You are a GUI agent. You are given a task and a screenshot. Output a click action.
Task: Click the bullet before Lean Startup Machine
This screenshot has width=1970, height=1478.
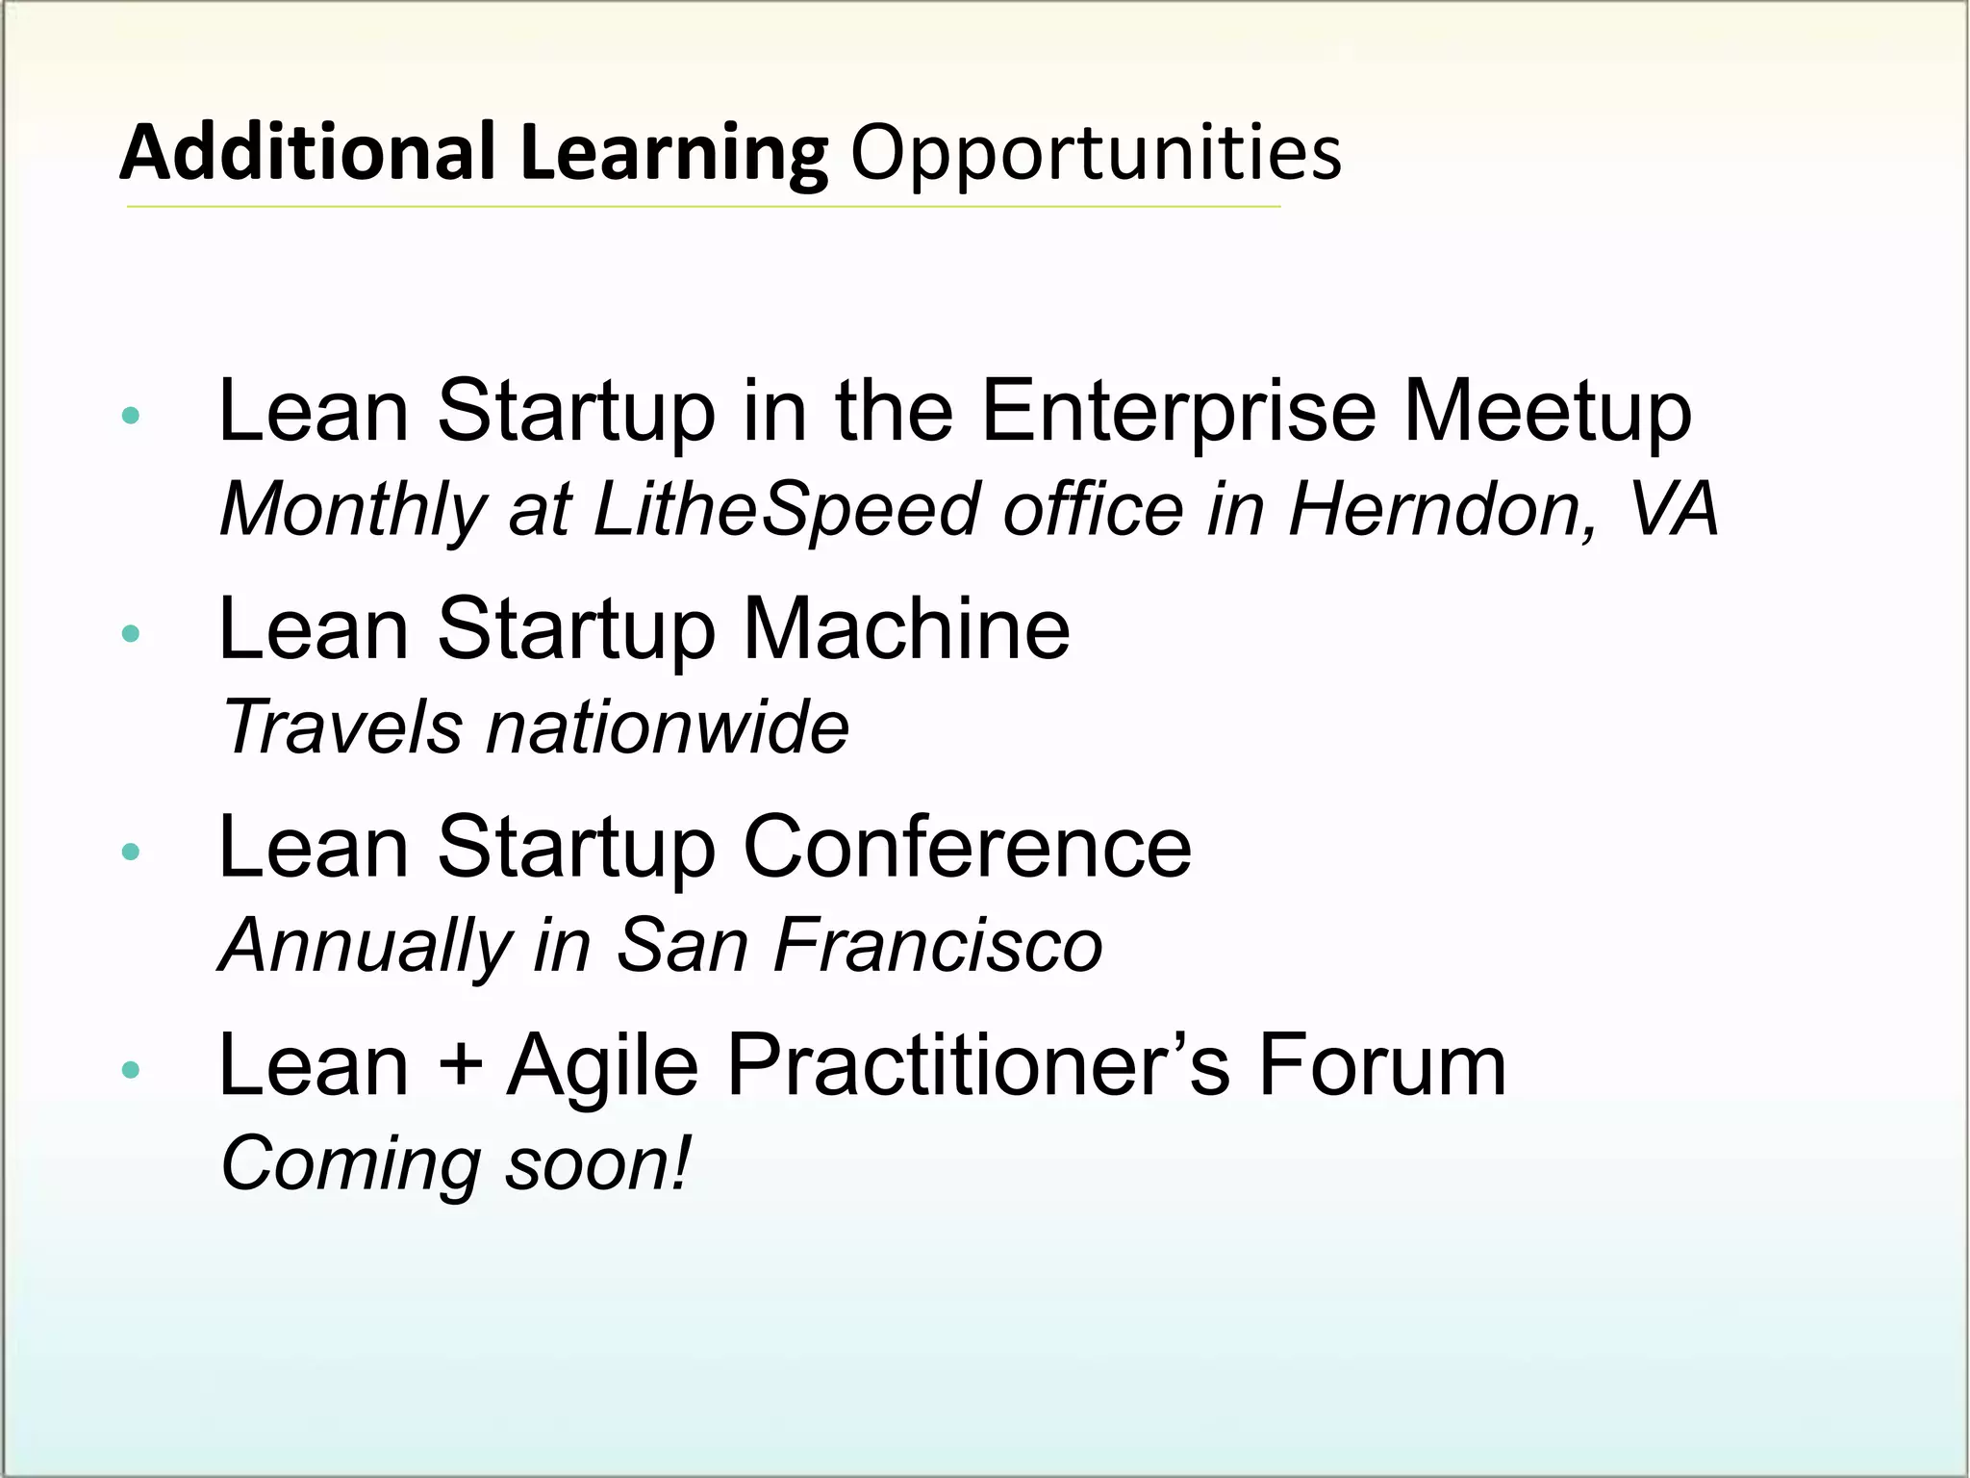click(x=132, y=633)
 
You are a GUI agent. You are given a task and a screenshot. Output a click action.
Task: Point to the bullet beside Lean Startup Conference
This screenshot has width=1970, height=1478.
click(x=132, y=851)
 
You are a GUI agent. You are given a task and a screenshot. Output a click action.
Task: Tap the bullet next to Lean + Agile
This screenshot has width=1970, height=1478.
click(x=132, y=1069)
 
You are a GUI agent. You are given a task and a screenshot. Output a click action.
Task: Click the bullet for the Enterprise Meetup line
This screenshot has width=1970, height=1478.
click(x=132, y=416)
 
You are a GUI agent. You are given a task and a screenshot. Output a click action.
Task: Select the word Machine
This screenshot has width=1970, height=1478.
click(x=906, y=629)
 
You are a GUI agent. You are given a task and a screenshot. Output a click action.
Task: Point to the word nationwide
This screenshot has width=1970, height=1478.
click(x=668, y=728)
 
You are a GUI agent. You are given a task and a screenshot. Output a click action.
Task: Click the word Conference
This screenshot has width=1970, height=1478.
click(x=967, y=847)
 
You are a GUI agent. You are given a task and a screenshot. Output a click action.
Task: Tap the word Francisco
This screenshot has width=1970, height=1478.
click(x=937, y=946)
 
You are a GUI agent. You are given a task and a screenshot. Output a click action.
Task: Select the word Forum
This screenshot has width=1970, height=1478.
click(x=1382, y=1066)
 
